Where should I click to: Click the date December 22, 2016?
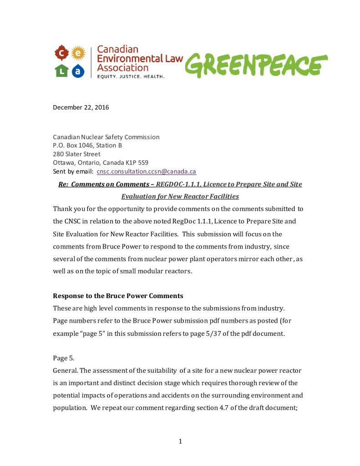coord(81,107)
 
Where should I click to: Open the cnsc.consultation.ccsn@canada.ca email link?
coord(147,172)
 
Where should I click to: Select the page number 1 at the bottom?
coord(180,441)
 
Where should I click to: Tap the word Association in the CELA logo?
coord(123,68)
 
